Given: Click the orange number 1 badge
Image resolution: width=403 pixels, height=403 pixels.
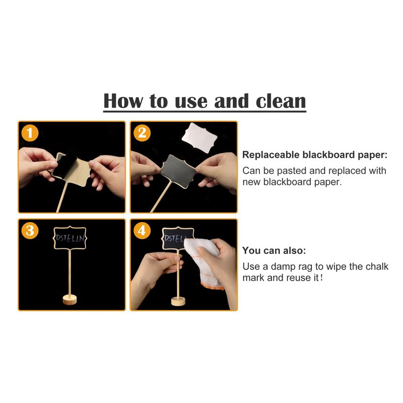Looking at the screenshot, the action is pos(30,133).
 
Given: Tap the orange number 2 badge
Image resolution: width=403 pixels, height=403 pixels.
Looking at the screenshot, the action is pos(142,133).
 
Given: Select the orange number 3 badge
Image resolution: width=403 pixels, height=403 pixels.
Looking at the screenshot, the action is pos(30,230).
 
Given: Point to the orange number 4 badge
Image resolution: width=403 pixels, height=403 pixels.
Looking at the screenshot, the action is pos(142,230).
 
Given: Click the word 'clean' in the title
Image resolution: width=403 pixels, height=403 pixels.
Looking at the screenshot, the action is pos(281,101).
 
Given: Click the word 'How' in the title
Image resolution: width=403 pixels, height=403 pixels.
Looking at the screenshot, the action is pos(123,101).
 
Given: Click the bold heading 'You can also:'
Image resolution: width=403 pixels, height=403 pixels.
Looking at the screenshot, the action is pos(274,250).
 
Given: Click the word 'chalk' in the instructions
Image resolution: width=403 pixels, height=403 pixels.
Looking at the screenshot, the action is pos(377,266).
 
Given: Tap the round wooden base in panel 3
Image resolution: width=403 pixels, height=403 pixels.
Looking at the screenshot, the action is pos(70,300).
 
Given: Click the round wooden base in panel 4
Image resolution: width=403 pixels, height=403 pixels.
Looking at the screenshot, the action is pos(178,301).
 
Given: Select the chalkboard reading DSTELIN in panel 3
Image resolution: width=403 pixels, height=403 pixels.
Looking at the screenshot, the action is pos(70,238).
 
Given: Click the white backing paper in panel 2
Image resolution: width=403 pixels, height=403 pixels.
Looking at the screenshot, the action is pos(199,138).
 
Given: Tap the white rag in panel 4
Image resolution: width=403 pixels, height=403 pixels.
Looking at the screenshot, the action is pos(203,262).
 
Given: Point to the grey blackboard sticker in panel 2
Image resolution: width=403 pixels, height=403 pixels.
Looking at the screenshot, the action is pos(178,170).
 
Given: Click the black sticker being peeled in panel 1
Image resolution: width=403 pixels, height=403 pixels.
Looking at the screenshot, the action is pos(64,165).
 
